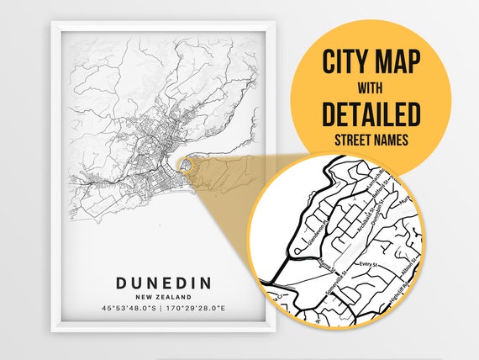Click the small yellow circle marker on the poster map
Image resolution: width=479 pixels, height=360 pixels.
[x=187, y=166]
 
